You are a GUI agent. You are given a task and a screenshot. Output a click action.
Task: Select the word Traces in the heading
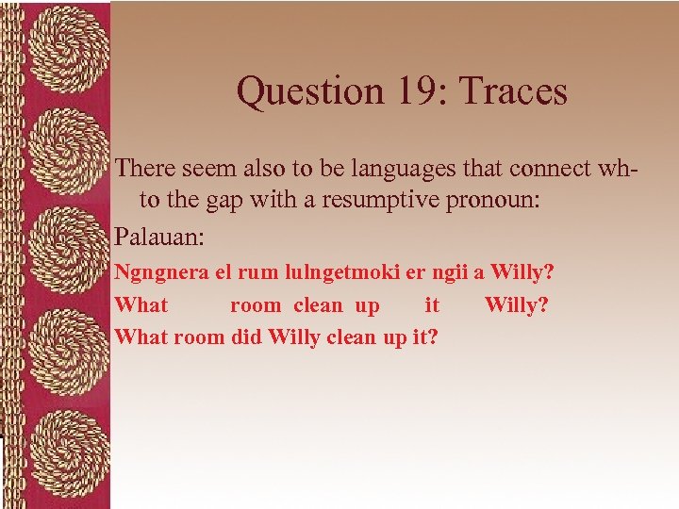pyautogui.click(x=510, y=92)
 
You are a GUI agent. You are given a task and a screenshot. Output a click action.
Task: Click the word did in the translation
pyautogui.click(x=247, y=337)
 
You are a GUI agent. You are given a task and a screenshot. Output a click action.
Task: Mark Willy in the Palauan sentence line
pyautogui.click(x=523, y=273)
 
